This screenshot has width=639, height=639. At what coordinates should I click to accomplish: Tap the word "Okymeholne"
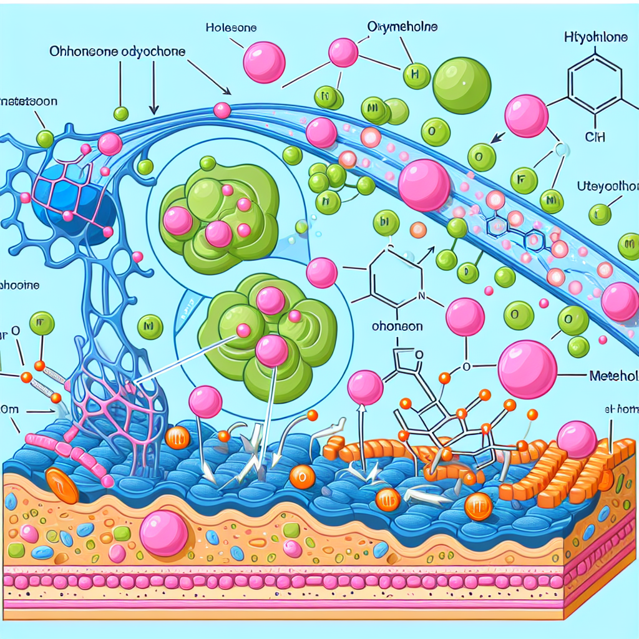point(402,28)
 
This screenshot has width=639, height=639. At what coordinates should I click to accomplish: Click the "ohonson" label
point(397,326)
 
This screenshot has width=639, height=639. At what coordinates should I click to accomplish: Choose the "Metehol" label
point(613,376)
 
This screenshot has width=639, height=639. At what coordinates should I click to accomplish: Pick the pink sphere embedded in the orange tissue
point(164,532)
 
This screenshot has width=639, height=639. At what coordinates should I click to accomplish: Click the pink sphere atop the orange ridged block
point(577,439)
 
